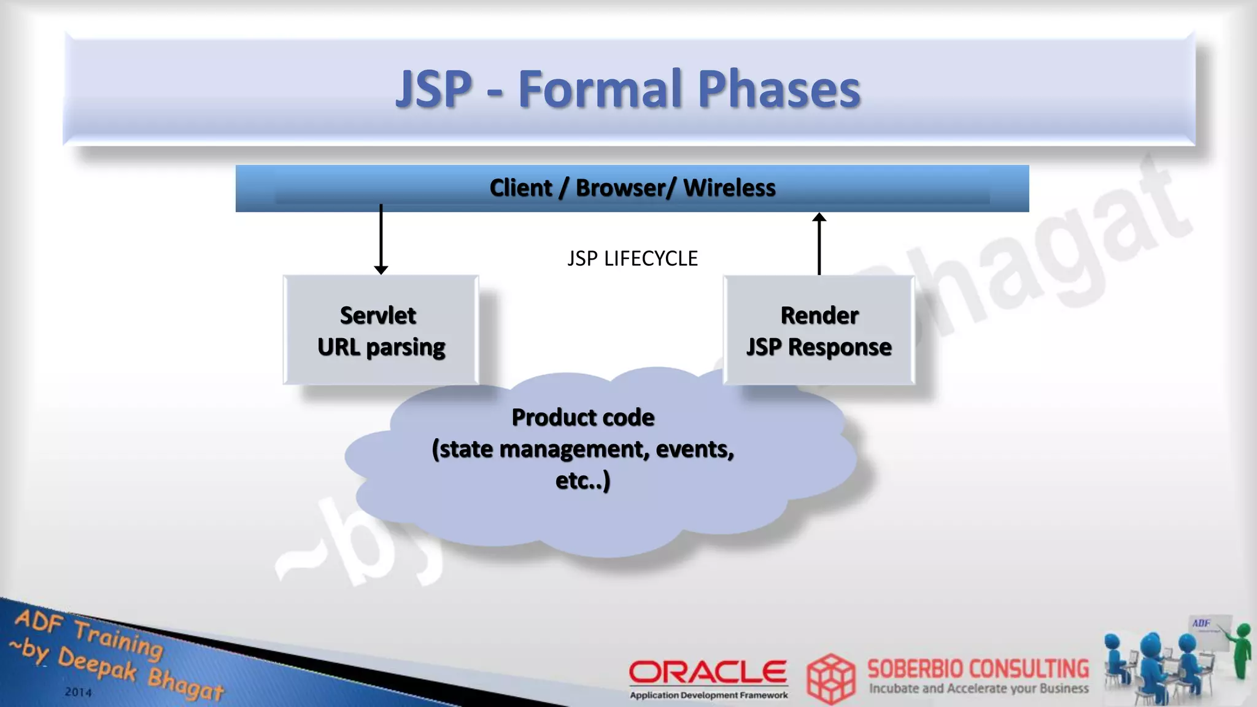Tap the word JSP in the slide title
[x=434, y=90]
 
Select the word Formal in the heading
[x=600, y=90]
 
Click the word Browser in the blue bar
[x=620, y=188]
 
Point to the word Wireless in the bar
[x=729, y=188]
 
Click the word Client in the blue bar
[x=520, y=188]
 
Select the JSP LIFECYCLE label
[x=632, y=258]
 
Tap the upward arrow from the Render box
[x=819, y=244]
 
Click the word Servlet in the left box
[x=378, y=315]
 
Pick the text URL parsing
[x=381, y=347]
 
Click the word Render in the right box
[x=819, y=315]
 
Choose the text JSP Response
[x=819, y=347]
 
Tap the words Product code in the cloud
[x=583, y=417]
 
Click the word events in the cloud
[x=694, y=449]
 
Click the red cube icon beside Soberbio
[x=830, y=678]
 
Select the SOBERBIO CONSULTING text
[x=978, y=668]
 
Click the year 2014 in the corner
[x=78, y=692]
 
